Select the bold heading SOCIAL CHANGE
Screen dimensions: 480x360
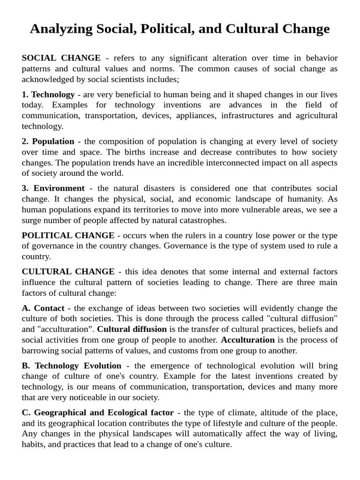61,58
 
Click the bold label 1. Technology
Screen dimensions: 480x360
48,94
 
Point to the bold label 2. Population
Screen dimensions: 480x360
48,141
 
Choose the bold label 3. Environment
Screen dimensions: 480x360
53,188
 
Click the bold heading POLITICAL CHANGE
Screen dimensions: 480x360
68,235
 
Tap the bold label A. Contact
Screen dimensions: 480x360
43,308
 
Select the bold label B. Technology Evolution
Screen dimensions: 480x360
71,366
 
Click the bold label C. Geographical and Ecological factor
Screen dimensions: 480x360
97,412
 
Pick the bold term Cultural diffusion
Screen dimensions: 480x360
132,329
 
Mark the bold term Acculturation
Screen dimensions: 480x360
247,340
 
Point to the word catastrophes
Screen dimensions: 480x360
202,220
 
